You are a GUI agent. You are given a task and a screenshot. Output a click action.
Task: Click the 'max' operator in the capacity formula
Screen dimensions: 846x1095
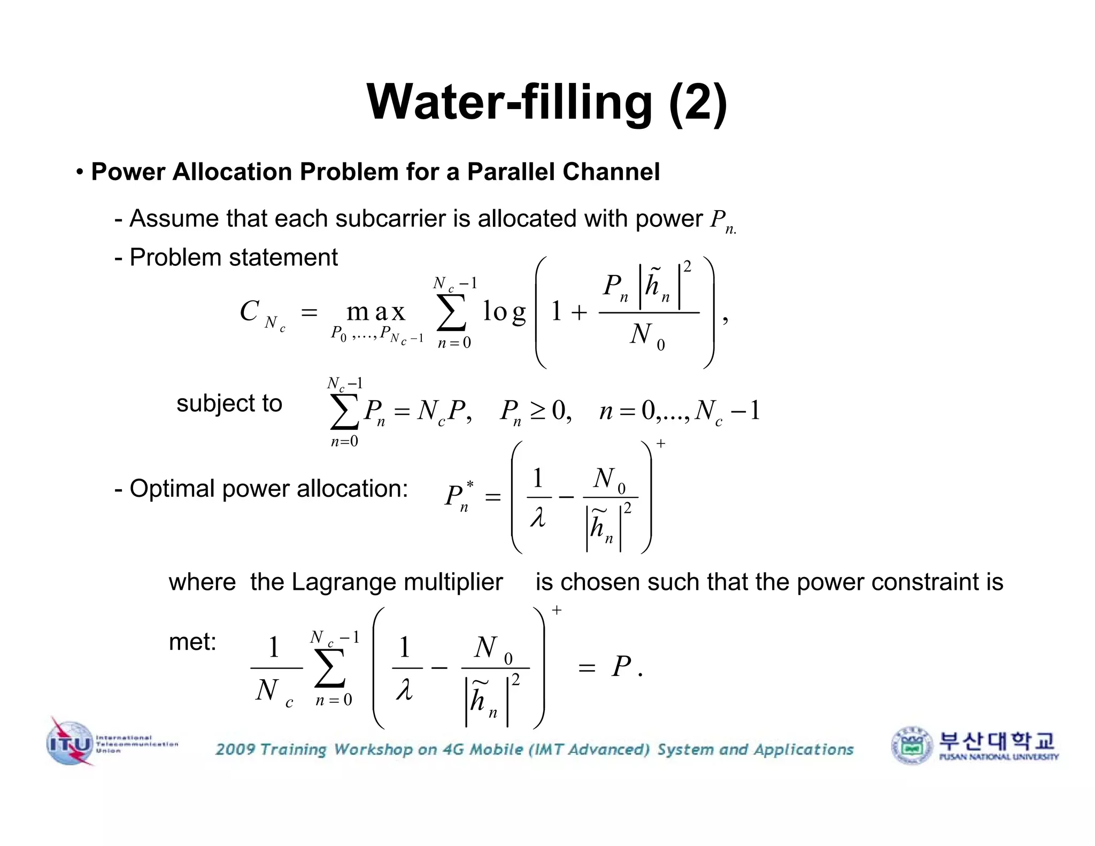376,311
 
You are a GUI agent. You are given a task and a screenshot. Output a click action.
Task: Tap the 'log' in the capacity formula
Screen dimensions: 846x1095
504,311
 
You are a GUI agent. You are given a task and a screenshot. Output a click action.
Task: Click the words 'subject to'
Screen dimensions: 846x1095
229,403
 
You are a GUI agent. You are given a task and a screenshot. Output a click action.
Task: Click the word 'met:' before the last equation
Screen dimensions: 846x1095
192,641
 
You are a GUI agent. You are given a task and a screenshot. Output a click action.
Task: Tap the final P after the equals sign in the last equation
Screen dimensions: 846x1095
621,666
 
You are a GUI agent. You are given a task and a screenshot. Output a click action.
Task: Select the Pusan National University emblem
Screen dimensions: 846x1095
912,745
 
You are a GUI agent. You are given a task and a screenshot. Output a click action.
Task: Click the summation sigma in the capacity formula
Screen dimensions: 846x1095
452,312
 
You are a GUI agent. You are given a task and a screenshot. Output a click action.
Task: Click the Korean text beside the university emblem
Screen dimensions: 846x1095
997,741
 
